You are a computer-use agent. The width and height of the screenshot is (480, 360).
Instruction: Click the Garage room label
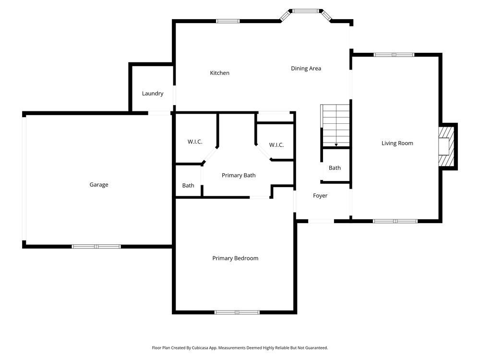tap(98, 185)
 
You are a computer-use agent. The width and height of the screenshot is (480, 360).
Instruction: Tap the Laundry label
tap(153, 94)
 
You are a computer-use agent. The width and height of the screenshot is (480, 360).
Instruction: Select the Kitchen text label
tap(219, 73)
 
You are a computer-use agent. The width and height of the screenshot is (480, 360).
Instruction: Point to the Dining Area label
tap(306, 69)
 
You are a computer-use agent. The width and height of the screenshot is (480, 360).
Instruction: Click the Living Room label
tap(397, 143)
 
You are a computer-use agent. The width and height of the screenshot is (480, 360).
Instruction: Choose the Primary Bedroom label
tap(235, 258)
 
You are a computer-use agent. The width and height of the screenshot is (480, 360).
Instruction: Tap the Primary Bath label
tap(239, 176)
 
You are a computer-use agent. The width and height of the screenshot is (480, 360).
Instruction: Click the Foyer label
tap(320, 196)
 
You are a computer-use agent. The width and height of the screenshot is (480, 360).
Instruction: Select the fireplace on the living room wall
tap(446, 146)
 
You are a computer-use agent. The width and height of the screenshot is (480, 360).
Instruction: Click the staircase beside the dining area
tap(336, 125)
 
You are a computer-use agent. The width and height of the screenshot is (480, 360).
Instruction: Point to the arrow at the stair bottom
tap(336, 144)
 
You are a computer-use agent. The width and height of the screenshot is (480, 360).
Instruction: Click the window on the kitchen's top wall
tap(228, 21)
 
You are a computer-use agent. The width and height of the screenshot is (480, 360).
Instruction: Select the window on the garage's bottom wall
tap(96, 247)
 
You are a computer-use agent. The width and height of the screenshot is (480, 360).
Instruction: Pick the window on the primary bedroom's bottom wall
tap(237, 312)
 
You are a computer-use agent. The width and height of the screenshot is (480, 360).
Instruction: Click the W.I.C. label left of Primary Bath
tap(194, 142)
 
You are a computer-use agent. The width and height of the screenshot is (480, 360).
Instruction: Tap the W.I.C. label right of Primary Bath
tap(276, 145)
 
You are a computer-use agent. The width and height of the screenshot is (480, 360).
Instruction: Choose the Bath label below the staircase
tap(335, 168)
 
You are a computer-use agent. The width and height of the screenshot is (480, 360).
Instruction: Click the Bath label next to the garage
tap(188, 185)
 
